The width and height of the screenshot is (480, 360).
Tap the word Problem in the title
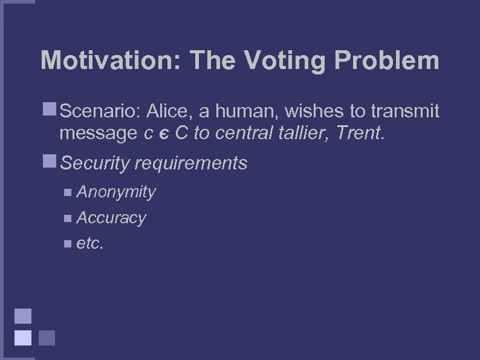pos(386,61)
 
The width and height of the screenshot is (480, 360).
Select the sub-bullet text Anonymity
pos(116,192)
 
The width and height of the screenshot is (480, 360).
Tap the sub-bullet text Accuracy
pos(111,218)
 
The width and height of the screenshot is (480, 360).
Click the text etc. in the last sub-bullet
pos(91,243)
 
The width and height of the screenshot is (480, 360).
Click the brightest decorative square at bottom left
pos(23,337)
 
